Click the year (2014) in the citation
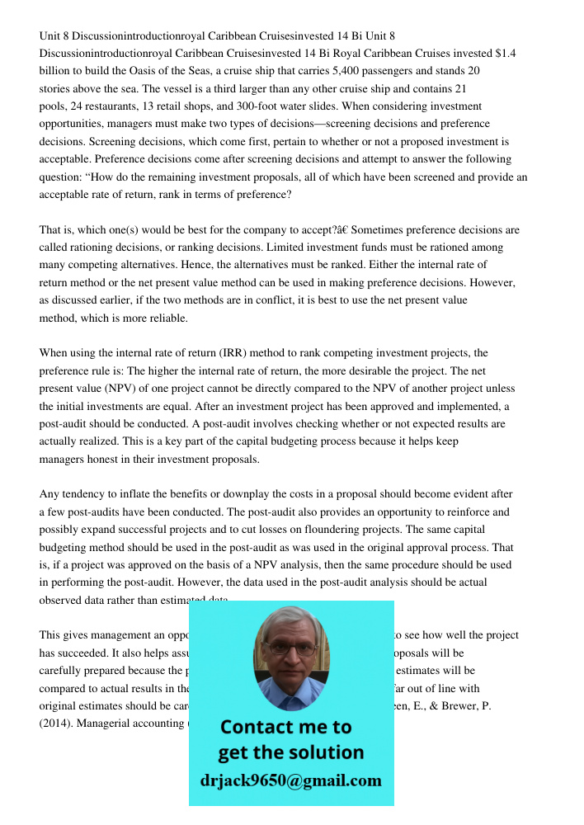[x=57, y=724]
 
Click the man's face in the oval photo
[x=291, y=653]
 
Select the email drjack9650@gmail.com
[x=291, y=780]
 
